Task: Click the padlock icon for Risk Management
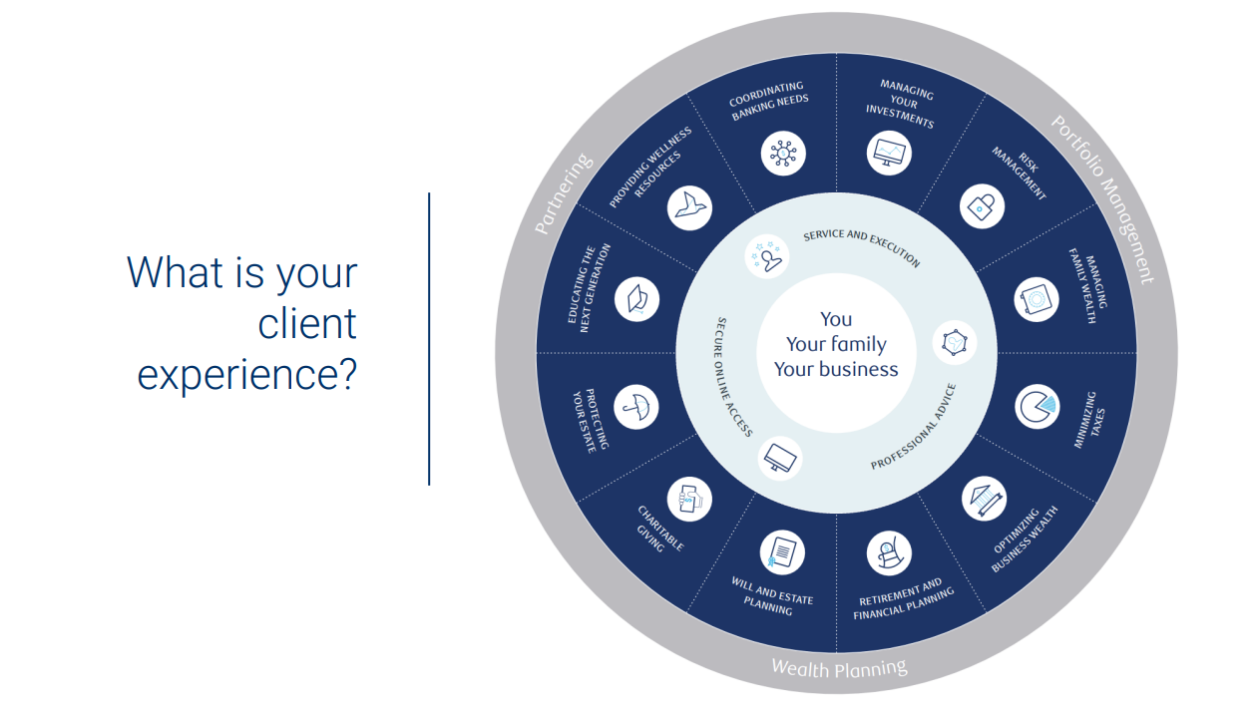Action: [x=983, y=206]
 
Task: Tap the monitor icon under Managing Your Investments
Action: [x=889, y=153]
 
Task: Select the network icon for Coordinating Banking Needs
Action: [x=783, y=153]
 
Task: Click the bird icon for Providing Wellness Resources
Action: [x=689, y=206]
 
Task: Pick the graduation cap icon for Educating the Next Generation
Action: [x=636, y=299]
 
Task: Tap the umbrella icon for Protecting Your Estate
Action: [x=636, y=406]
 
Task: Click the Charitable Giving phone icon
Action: [x=690, y=499]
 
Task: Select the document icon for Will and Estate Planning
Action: [x=783, y=551]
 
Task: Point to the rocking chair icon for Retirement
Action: [x=888, y=551]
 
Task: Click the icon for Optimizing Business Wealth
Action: [x=984, y=499]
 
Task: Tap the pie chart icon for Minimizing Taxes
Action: [x=1038, y=406]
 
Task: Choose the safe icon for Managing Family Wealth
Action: [x=1038, y=299]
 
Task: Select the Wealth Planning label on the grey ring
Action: [x=839, y=667]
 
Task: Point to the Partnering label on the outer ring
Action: [x=564, y=195]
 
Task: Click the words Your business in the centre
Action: [x=836, y=369]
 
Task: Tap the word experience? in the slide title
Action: [x=246, y=375]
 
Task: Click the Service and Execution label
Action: [x=862, y=247]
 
